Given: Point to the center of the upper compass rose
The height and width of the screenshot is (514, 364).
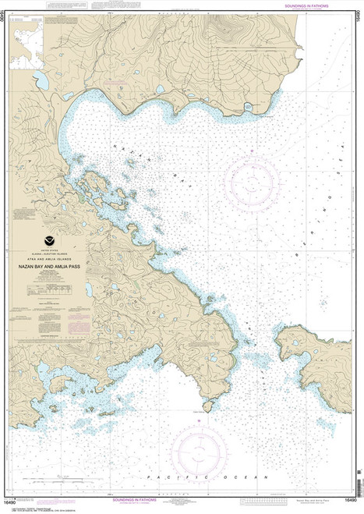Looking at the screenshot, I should [x=251, y=177].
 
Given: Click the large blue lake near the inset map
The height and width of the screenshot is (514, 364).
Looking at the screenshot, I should [x=42, y=80].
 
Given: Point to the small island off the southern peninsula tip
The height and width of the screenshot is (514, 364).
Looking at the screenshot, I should [x=208, y=406].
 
